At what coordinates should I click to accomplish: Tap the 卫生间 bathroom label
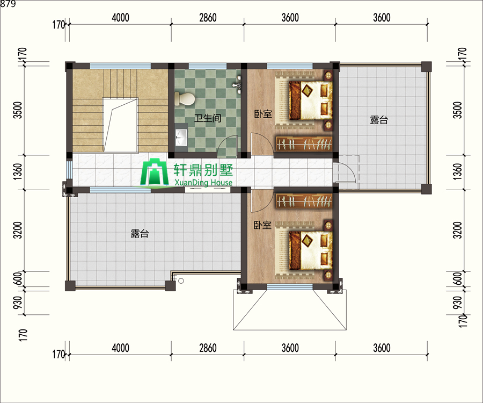[208, 118]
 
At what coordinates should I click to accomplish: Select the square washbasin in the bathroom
[181, 137]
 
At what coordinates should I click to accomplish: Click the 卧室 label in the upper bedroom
[263, 114]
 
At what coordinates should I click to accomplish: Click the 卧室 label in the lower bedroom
[262, 225]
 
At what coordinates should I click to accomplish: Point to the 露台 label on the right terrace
[379, 120]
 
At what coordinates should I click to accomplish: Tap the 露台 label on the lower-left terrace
[140, 233]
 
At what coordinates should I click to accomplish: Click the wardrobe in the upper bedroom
[304, 143]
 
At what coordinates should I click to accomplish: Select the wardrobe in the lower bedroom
[304, 201]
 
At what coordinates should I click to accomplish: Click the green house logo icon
[155, 172]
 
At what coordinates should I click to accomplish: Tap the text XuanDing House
[203, 183]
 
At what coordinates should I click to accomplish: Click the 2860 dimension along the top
[208, 18]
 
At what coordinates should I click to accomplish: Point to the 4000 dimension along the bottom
[120, 348]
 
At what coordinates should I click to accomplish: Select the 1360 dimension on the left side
[18, 172]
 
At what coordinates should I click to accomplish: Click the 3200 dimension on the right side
[458, 230]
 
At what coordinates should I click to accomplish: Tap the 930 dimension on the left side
[18, 303]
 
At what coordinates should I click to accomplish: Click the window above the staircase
[120, 66]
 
